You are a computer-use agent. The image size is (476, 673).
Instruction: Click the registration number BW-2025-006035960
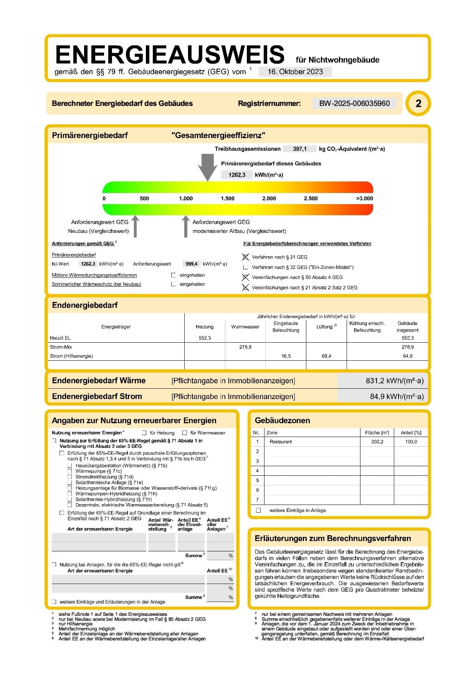(354, 103)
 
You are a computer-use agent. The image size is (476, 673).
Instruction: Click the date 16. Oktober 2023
(295, 72)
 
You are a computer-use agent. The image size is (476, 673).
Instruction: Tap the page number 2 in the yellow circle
(418, 103)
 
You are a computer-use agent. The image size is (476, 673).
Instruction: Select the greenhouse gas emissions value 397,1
(299, 149)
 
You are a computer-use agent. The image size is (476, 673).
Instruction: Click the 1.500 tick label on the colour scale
(227, 198)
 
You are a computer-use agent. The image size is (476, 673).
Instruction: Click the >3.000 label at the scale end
(364, 198)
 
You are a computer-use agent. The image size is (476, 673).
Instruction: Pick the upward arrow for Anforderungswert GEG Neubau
(135, 226)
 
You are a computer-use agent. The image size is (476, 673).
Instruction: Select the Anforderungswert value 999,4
(191, 264)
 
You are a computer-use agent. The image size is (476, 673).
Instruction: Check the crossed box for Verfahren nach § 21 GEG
(246, 257)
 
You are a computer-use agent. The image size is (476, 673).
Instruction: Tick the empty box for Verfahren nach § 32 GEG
(246, 267)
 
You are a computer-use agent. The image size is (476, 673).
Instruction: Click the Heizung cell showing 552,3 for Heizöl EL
(205, 338)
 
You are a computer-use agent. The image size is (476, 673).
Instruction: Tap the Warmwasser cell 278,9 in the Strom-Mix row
(245, 347)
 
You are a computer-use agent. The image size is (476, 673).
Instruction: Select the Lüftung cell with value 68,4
(326, 356)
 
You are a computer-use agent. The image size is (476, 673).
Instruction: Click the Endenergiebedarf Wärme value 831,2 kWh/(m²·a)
(394, 381)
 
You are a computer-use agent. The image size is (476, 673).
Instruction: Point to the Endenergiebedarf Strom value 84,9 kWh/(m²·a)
(397, 396)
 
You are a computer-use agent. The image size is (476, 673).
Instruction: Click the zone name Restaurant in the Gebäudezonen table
(281, 442)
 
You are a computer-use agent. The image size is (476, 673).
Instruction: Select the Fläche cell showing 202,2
(377, 442)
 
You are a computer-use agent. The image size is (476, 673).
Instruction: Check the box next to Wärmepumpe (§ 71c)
(70, 471)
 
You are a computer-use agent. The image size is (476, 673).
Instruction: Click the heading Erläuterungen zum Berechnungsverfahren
(332, 538)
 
